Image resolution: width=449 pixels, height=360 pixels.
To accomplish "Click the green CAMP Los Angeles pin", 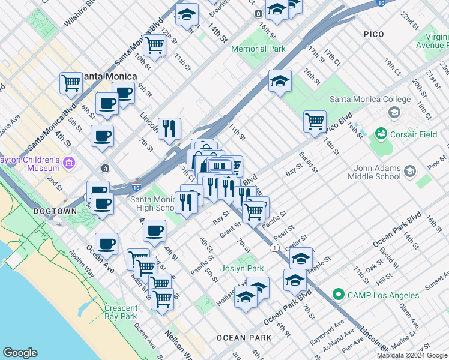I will (x=338, y=295).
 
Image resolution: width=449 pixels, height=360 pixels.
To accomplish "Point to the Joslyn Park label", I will (x=242, y=268).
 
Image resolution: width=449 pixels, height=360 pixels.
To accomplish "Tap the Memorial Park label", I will (x=258, y=49).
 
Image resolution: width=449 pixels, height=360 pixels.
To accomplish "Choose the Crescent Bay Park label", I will (x=120, y=311).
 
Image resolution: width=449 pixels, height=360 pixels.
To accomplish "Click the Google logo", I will (x=20, y=353).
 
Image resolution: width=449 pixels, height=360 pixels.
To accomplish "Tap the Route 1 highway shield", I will (x=274, y=247).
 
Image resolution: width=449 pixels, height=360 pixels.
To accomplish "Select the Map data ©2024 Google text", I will (x=412, y=355).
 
